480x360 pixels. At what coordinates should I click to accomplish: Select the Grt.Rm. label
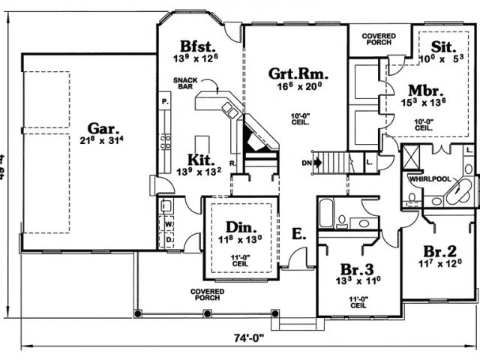[x=298, y=73]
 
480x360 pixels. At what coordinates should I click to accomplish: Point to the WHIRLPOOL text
[x=428, y=179]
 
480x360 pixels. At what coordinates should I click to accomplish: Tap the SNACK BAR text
[x=184, y=82]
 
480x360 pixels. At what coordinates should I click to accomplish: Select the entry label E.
[x=298, y=235]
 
